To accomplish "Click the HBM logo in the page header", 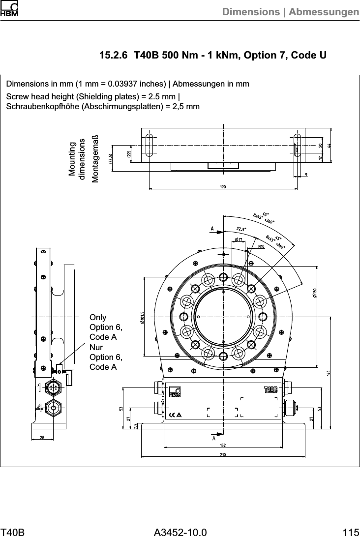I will tap(9, 9).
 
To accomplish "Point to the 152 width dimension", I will tap(223, 445).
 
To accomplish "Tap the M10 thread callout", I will tap(262, 245).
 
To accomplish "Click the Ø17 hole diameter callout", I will tap(238, 239).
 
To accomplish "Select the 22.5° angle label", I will tap(241, 229).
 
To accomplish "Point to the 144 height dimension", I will tap(328, 373).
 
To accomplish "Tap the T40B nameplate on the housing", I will tap(271, 390).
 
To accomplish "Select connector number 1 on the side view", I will tap(38, 388).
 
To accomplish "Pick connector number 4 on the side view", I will tap(38, 407).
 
